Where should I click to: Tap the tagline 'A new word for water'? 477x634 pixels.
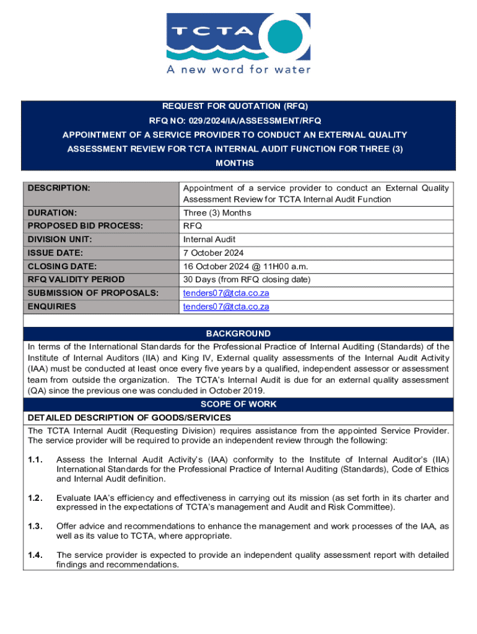click(239, 70)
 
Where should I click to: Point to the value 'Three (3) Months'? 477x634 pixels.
click(217, 213)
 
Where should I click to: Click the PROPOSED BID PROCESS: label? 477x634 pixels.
click(85, 226)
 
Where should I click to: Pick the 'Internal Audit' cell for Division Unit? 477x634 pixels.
click(209, 240)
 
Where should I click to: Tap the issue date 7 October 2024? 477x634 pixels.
click(214, 253)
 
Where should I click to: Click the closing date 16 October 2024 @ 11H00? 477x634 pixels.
click(245, 266)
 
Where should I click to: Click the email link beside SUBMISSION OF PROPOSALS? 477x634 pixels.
click(226, 293)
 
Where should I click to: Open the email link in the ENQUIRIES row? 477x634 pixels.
click(226, 306)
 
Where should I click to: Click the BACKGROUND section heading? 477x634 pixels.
click(239, 334)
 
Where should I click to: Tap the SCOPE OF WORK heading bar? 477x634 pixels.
click(239, 404)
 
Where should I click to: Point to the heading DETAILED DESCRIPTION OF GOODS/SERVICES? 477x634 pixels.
click(129, 418)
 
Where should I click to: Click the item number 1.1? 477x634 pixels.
click(35, 459)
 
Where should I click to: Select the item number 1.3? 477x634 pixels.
click(35, 526)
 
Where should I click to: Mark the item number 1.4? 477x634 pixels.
click(35, 555)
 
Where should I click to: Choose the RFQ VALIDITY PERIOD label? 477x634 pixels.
click(76, 280)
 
